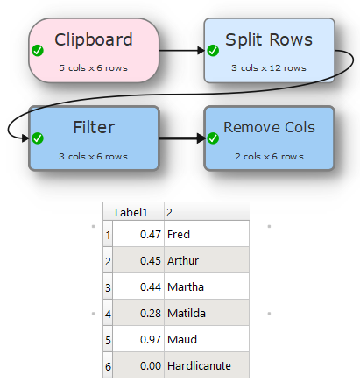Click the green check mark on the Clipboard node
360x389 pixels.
coord(38,51)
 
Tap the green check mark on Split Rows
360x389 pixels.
coord(213,51)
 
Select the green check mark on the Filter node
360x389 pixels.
coord(38,138)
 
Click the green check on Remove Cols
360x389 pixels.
coord(213,138)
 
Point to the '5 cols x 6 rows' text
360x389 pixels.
coord(94,68)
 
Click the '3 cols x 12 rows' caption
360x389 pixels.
coord(269,68)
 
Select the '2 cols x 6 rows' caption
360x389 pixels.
coord(269,157)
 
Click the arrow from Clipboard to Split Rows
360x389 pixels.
coord(182,51)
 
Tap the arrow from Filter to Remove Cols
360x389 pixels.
coord(182,138)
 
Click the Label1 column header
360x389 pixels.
coord(134,212)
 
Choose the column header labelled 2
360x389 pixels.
coord(207,212)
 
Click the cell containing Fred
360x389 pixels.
coord(207,234)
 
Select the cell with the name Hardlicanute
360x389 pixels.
coord(207,365)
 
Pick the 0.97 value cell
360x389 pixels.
coord(138,339)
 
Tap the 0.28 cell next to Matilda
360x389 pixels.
coord(138,313)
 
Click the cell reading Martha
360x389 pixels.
coord(207,286)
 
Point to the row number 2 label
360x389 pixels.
coord(108,261)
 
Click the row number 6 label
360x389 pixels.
coord(108,366)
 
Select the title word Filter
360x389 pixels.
coord(94,127)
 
